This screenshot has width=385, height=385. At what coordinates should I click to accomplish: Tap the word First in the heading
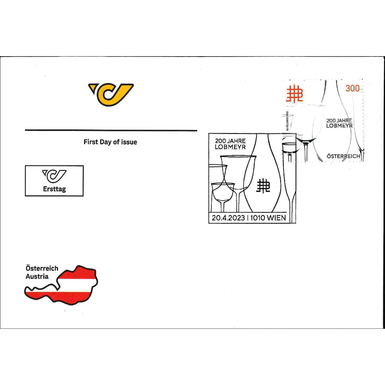click(90, 142)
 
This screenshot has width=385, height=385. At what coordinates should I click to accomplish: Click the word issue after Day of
click(129, 142)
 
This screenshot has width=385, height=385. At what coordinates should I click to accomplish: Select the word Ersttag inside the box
click(54, 189)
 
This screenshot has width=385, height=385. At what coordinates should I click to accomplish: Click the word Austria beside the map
click(37, 276)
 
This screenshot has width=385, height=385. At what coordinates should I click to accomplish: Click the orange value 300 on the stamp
click(352, 89)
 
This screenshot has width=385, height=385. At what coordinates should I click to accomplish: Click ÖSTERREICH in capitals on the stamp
click(343, 156)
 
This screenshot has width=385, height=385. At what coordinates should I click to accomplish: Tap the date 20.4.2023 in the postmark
click(229, 218)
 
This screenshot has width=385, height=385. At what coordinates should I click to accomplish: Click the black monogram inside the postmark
click(264, 186)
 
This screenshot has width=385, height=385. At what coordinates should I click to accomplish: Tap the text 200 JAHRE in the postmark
click(230, 141)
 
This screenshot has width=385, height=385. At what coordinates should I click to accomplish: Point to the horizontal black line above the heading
click(111, 131)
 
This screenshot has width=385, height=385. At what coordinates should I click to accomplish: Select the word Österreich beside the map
click(42, 268)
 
